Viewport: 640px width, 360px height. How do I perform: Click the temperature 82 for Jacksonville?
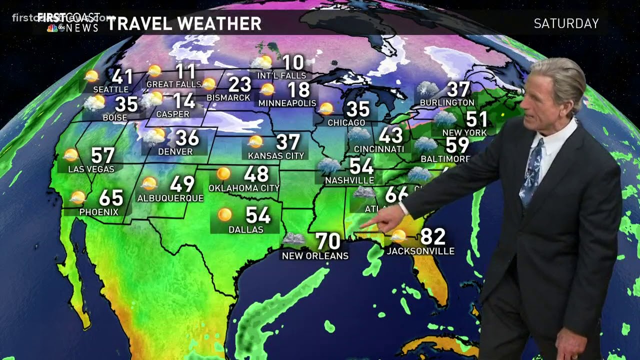(x=432, y=236)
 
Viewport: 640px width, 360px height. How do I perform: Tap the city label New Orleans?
(x=315, y=255)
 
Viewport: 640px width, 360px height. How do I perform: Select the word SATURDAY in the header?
(x=566, y=23)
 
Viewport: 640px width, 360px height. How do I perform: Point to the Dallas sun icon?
(x=225, y=214)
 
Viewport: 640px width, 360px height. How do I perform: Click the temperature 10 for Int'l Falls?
(x=293, y=63)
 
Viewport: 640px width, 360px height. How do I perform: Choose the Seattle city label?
(x=111, y=89)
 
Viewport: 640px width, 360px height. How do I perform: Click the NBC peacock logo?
(x=52, y=28)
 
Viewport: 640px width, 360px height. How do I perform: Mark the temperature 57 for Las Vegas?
(x=102, y=155)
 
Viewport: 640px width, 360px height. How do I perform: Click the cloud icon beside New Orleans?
(x=294, y=238)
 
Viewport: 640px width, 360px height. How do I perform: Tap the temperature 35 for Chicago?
(x=358, y=109)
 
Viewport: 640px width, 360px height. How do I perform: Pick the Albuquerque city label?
(x=170, y=198)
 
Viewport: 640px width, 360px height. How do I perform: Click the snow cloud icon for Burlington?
(x=428, y=89)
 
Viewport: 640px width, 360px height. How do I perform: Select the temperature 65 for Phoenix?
(x=111, y=198)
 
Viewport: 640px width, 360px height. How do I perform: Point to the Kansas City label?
(x=276, y=155)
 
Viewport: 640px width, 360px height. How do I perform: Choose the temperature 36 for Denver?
(x=187, y=138)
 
